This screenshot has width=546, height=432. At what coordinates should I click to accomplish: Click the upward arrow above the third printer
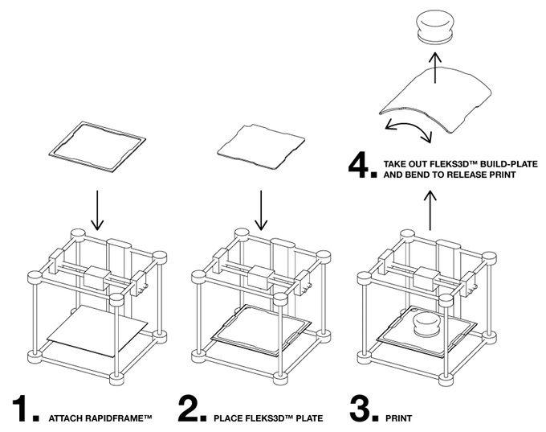click(430, 211)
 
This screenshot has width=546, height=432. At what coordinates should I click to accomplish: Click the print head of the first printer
click(96, 280)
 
